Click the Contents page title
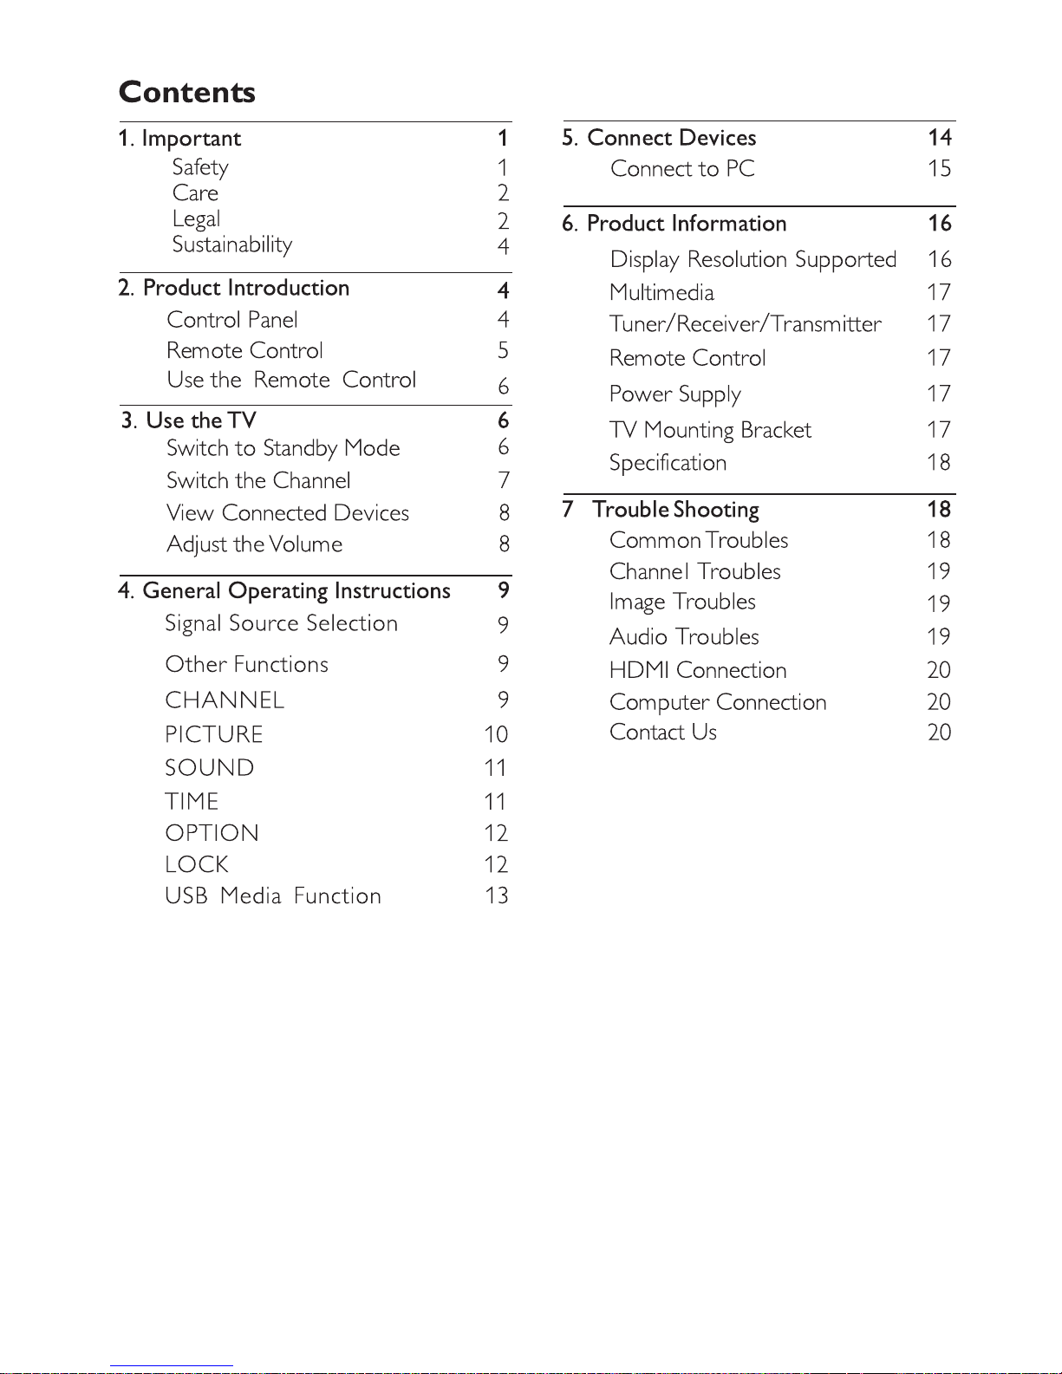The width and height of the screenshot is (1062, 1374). point(187,92)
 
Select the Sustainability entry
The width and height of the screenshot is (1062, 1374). point(232,244)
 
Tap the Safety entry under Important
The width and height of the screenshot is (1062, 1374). point(200,167)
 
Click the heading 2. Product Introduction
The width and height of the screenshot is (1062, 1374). point(234,288)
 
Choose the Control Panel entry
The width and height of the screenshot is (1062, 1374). point(232,320)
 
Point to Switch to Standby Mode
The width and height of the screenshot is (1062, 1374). point(283,448)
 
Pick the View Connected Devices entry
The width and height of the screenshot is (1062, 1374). point(288,513)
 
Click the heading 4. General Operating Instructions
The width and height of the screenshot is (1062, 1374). point(284,591)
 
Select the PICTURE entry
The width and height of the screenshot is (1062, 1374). point(214,734)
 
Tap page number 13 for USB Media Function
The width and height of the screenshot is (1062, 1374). point(497,895)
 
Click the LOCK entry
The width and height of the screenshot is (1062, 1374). point(197,864)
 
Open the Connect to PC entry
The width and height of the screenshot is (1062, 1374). point(682,169)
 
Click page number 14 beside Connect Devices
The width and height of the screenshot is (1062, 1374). point(940,138)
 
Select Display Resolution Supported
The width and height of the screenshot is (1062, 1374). point(753,259)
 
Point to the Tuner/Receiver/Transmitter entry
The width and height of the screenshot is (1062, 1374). point(746,324)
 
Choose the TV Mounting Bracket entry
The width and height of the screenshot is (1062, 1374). point(710,430)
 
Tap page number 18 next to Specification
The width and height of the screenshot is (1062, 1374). point(939,463)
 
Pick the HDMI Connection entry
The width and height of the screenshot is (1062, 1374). point(698,670)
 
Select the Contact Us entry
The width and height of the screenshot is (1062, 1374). point(663,733)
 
